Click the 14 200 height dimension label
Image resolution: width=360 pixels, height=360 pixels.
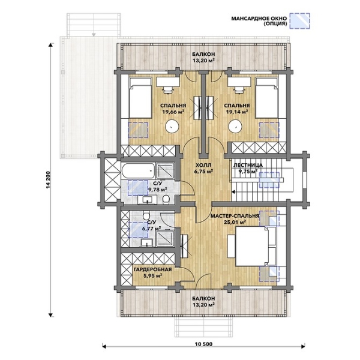point(48,181)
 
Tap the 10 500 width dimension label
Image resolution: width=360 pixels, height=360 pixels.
point(203,344)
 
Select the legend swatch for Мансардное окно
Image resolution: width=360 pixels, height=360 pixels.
point(299,21)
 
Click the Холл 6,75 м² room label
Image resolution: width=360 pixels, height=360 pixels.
point(203,168)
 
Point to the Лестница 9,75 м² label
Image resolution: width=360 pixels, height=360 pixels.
point(248,168)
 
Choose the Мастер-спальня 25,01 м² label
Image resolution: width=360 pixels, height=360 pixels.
point(235,219)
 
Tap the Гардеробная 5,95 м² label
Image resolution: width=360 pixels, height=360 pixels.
point(152,272)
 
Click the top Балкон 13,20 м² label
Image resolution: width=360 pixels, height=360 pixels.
point(203,57)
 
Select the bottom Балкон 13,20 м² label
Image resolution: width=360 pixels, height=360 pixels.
point(203,301)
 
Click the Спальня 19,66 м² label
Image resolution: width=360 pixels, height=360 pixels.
point(173,109)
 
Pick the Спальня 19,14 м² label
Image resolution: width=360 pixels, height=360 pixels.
point(237,109)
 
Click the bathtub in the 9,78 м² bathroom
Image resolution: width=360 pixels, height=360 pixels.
point(138,171)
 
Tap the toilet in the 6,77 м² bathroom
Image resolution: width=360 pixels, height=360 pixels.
point(146,215)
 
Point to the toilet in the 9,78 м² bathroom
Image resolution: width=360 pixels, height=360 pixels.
point(166,199)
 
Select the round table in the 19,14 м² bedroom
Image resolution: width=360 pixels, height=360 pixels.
point(235,126)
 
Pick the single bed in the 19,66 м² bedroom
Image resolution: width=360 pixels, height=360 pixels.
point(140,98)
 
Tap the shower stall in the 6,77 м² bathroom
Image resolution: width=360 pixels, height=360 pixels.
point(165,239)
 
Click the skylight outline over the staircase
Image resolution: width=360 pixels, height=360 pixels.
point(269,180)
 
